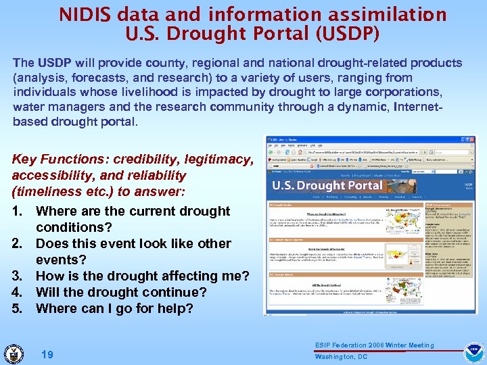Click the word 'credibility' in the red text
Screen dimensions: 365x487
(143, 160)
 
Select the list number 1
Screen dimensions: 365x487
(18, 212)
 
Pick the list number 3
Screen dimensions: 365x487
(18, 276)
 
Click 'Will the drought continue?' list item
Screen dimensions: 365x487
(121, 293)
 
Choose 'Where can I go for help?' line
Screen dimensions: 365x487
(114, 309)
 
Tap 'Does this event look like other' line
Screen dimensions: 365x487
(133, 244)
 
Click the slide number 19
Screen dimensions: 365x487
(47, 354)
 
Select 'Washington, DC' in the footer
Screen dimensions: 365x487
(341, 357)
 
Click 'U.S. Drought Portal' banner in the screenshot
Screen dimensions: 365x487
(327, 185)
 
